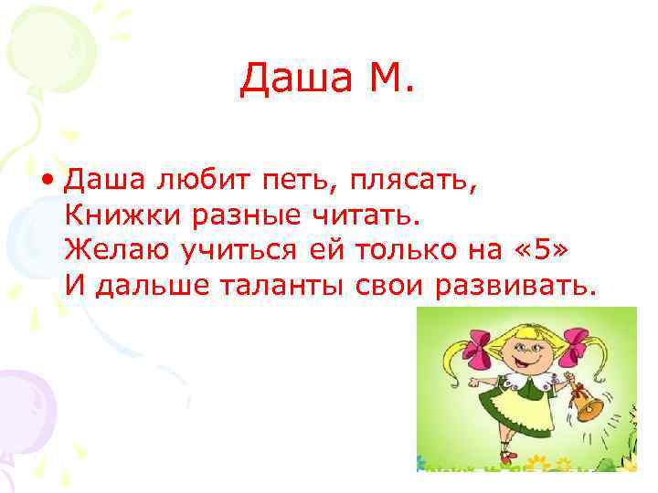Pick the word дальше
tap(148, 288)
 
